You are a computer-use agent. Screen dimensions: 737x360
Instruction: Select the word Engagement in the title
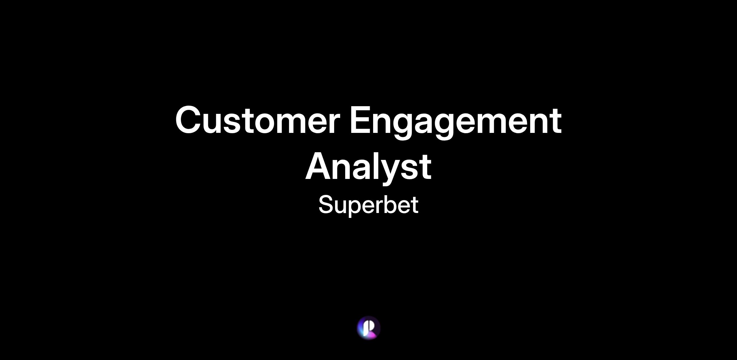(456, 122)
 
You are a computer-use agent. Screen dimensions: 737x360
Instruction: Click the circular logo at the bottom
(368, 328)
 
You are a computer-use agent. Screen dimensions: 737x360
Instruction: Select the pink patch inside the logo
(372, 335)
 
